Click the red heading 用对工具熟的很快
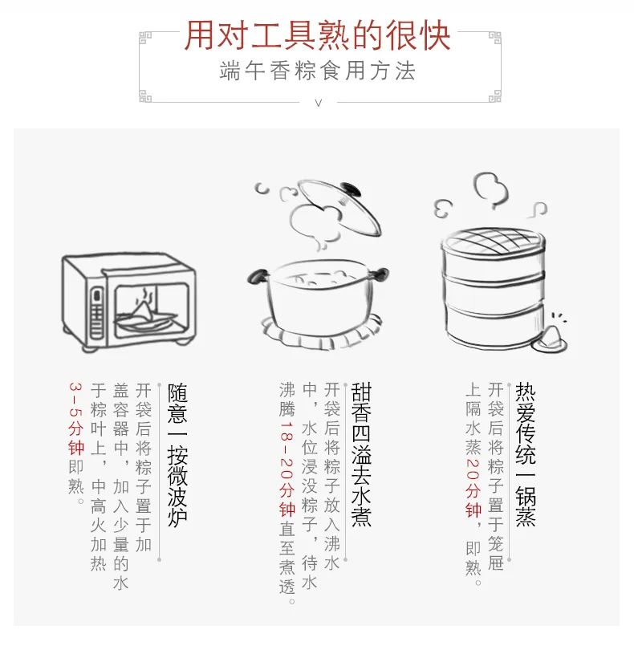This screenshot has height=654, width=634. tap(318, 35)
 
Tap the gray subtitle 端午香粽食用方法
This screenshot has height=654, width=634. tap(318, 71)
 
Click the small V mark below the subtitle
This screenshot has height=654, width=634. tap(319, 103)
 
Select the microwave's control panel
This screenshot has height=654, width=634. tap(97, 313)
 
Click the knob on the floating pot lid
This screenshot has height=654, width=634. tap(351, 189)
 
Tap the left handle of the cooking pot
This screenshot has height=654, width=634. tap(257, 276)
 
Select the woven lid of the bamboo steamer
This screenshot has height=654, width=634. tap(493, 241)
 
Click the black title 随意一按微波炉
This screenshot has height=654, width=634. tap(177, 455)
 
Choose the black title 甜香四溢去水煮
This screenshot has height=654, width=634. tap(361, 455)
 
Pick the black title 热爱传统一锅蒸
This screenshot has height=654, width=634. tap(526, 455)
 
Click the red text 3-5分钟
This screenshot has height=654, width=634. tap(76, 418)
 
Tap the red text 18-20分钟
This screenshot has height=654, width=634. tap(287, 469)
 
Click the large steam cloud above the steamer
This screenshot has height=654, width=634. tap(491, 189)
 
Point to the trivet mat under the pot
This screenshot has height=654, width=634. tap(321, 334)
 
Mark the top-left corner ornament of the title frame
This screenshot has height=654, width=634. tap(145, 39)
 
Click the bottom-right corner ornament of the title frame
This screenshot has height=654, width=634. tap(494, 96)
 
